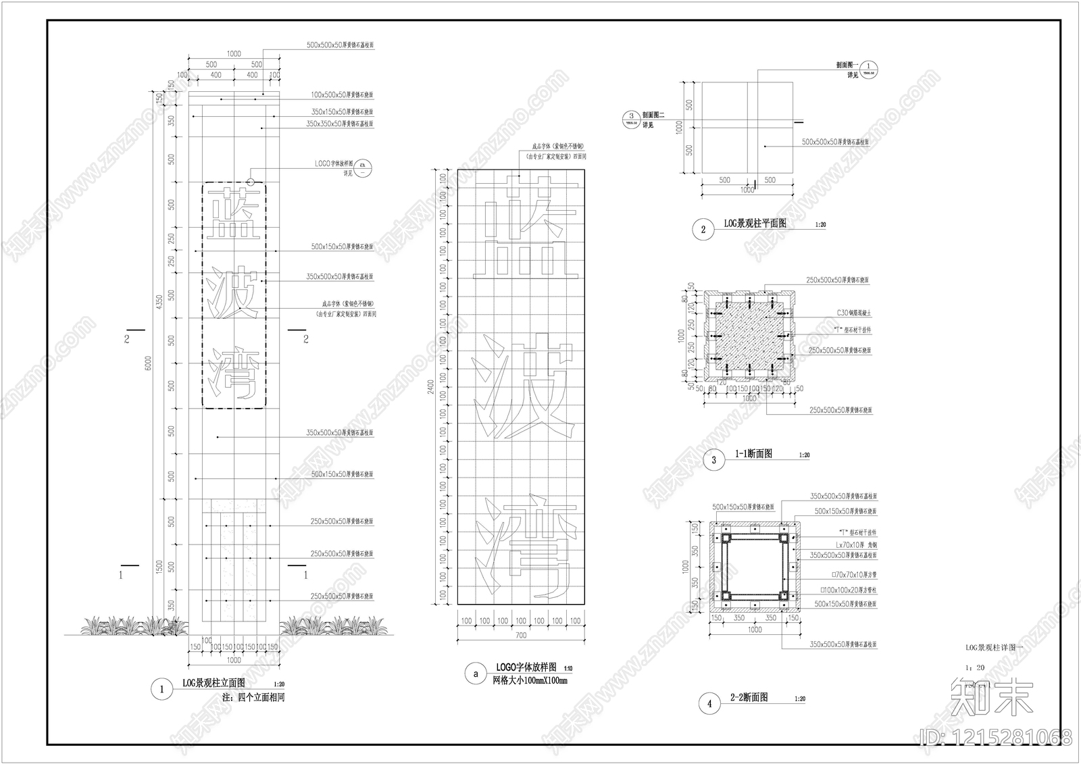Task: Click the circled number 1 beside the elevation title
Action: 161,690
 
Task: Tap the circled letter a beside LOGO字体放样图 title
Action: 476,673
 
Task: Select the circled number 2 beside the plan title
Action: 703,230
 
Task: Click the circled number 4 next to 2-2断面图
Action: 709,704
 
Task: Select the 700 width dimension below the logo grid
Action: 520,636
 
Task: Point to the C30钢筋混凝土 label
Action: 854,313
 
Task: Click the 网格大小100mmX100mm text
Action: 530,680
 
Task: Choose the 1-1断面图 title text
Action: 753,455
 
